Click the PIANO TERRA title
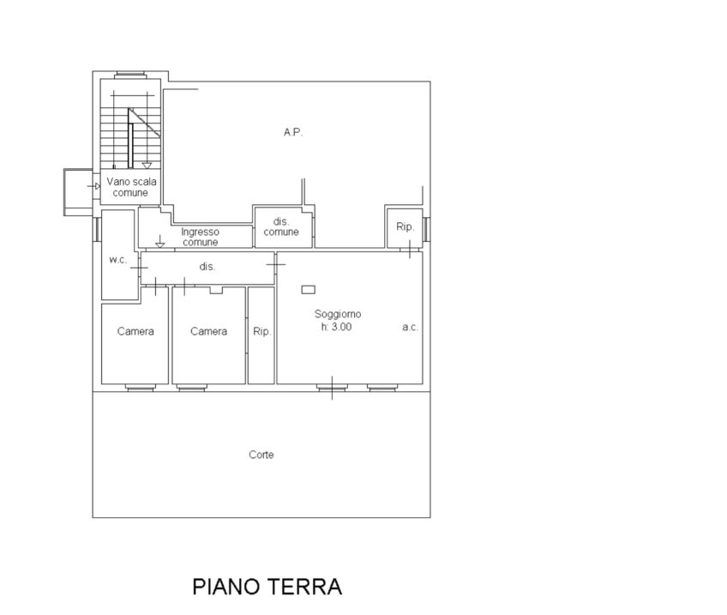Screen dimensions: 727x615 coord(267,587)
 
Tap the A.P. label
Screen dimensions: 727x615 coord(293,133)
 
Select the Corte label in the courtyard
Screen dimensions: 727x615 coord(261,455)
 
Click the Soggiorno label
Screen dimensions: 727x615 coord(338,315)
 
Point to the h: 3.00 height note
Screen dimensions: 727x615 coord(336,327)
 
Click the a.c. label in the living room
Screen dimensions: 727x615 coord(411,327)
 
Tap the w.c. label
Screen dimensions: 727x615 coord(117,260)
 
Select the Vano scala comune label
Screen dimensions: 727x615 coord(131,187)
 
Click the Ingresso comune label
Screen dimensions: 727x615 coord(200,237)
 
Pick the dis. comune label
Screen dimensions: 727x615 coord(281,226)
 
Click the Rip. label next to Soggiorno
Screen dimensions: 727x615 coord(262,332)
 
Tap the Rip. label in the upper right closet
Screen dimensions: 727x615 coord(405,226)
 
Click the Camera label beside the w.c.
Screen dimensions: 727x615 coord(135,331)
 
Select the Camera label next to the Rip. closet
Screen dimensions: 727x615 coord(208,331)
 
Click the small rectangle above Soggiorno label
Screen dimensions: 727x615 coord(309,289)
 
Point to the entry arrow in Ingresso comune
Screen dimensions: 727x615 coord(160,241)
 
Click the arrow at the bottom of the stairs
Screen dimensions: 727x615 coord(147,165)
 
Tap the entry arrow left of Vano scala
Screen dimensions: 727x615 coord(94,186)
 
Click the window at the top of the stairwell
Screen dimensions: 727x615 coord(130,74)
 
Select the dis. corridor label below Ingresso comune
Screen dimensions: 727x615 coord(207,267)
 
